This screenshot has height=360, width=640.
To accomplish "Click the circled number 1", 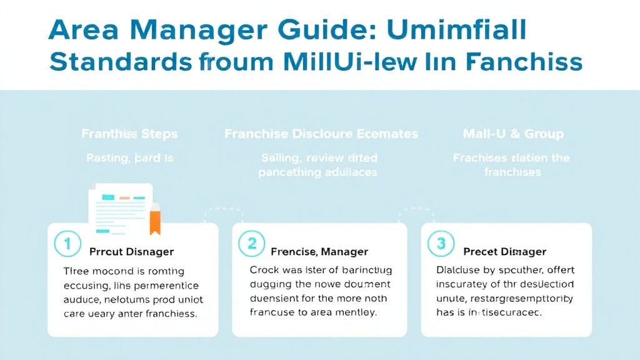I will (x=66, y=243).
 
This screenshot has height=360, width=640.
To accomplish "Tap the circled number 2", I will (x=251, y=243).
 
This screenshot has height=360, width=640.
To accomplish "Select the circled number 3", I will (x=441, y=243).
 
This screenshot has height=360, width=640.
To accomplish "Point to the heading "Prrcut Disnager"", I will (x=131, y=252).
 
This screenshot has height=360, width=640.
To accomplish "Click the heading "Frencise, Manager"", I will (x=319, y=252).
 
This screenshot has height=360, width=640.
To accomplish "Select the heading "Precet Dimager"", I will (x=504, y=252).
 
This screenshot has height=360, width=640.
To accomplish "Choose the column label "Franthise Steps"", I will (x=129, y=134).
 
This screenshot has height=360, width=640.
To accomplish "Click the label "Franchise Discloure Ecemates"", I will (x=321, y=134).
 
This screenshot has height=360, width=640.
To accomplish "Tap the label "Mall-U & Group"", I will (x=513, y=134).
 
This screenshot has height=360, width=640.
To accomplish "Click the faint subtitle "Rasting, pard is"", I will (x=129, y=158).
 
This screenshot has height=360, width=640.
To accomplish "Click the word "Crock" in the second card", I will (x=264, y=271).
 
